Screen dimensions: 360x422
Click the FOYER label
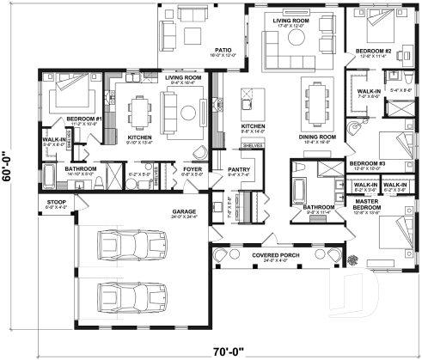tap(193, 170)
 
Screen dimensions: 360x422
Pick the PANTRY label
tap(238, 170)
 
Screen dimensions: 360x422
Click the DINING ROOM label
tap(316, 137)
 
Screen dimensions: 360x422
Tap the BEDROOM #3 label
tap(367, 163)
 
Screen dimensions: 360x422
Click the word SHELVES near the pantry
tap(252, 146)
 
